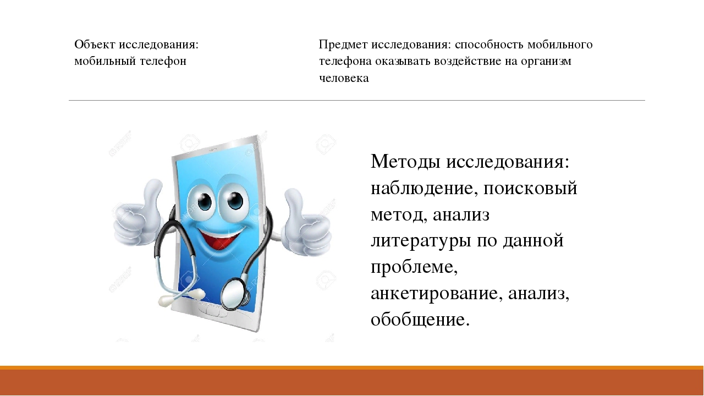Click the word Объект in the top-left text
(x=95, y=45)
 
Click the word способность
(x=489, y=45)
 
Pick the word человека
(x=344, y=78)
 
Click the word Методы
(x=405, y=162)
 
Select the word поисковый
(x=530, y=188)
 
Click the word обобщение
(x=420, y=320)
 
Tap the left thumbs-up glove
(x=137, y=216)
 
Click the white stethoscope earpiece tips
(x=182, y=298)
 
